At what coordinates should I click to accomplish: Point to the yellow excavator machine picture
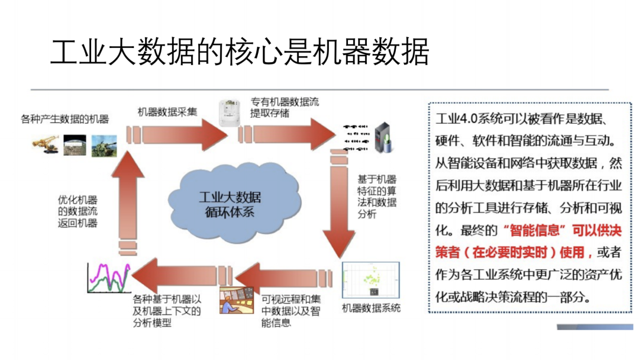tap(46, 145)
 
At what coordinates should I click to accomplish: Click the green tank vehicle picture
tap(104, 146)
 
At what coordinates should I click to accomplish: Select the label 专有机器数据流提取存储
tap(284, 107)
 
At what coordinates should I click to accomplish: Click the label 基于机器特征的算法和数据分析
tap(377, 197)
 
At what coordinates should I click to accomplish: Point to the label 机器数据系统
tap(371, 308)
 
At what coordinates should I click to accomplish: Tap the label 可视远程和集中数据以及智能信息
tap(291, 310)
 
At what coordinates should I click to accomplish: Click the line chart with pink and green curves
tap(108, 278)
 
